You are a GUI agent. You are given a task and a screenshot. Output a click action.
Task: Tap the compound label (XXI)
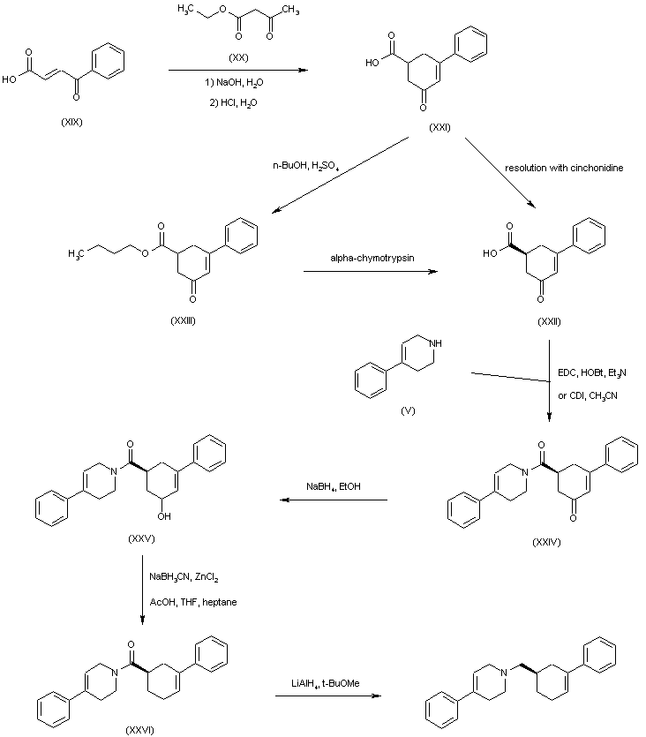pos(440,127)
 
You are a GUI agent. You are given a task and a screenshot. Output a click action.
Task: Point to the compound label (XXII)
pos(549,320)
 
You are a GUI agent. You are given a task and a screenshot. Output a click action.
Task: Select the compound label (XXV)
pos(141,537)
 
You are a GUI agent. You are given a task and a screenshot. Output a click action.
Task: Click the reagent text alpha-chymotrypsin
pos(371,257)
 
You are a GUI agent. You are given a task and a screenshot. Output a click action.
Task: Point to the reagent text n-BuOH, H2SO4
pos(306,165)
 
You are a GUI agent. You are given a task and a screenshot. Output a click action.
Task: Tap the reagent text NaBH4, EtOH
pos(334,486)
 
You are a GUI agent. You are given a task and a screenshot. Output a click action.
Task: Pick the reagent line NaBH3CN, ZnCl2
pos(184,577)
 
